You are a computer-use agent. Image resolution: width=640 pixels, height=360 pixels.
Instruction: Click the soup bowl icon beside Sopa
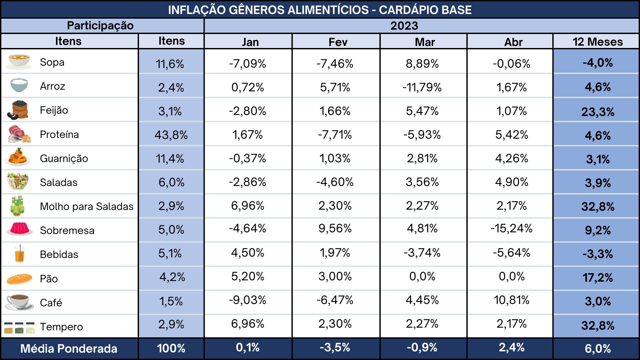[x=19, y=62]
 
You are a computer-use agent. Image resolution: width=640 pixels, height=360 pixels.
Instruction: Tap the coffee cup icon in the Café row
[x=20, y=302]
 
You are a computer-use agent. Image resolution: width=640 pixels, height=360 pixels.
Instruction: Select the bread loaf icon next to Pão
[x=19, y=279]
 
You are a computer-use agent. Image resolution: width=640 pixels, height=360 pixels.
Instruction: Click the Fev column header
[x=338, y=42]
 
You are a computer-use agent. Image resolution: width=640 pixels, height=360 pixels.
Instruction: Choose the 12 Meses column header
[x=598, y=42]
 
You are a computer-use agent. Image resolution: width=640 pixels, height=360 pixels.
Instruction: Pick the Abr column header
[x=513, y=42]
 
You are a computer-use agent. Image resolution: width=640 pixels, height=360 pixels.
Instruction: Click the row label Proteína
[x=59, y=134]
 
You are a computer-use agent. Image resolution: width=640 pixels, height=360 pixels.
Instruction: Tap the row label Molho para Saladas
[x=87, y=206]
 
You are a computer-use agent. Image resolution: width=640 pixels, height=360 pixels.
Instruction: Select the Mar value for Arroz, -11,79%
[x=422, y=87]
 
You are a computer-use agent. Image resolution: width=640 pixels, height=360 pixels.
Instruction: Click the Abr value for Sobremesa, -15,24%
[x=511, y=228]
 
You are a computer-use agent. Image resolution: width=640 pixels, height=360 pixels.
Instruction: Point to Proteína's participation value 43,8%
[x=171, y=135]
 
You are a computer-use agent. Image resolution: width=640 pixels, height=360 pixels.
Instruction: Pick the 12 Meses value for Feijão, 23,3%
[x=598, y=112]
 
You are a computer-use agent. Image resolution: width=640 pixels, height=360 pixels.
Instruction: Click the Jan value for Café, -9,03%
[x=247, y=300]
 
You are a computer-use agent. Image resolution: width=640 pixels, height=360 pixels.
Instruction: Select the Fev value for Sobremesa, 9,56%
[x=335, y=228]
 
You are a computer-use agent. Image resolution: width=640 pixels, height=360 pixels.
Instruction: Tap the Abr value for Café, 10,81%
[x=511, y=300]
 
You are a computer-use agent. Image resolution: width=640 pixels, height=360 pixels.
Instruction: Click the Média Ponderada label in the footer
[x=69, y=349]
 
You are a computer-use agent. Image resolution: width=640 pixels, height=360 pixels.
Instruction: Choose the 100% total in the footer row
[x=171, y=348]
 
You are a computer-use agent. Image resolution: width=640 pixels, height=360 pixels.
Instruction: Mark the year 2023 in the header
[x=404, y=26]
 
